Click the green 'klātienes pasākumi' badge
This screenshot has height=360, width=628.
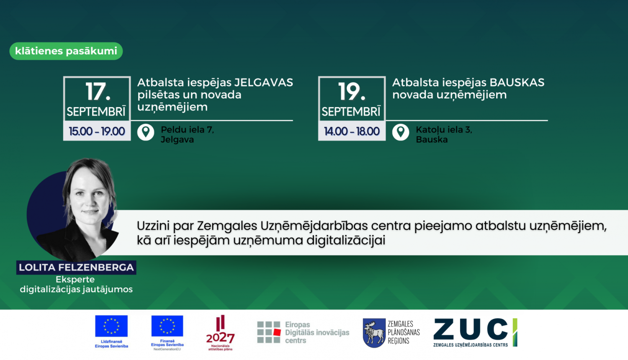coord(66,51)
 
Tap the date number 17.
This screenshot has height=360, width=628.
coord(98,91)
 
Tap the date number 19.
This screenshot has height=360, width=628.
coord(352,91)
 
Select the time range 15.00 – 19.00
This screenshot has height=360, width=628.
coord(97,131)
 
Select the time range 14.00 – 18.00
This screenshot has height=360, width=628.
coord(352,131)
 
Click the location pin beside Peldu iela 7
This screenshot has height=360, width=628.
coord(146,132)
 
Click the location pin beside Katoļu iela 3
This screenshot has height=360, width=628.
coord(401,132)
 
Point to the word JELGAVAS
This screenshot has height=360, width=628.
coord(263,82)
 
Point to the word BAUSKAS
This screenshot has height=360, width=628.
coord(517,82)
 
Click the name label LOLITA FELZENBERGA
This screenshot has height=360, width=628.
coord(76,267)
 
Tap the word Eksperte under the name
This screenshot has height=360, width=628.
coord(75,279)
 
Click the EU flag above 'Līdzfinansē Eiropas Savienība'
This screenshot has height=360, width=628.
coord(111,326)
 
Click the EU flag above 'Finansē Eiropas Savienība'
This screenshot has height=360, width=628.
coord(167,326)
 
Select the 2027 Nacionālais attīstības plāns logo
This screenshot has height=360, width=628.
coord(220,333)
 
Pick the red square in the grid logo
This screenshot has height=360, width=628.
coord(277,332)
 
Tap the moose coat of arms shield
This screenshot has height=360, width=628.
coord(374,333)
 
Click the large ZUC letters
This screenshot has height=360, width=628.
coord(471,329)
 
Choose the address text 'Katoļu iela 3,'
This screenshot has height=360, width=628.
coord(444,130)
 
